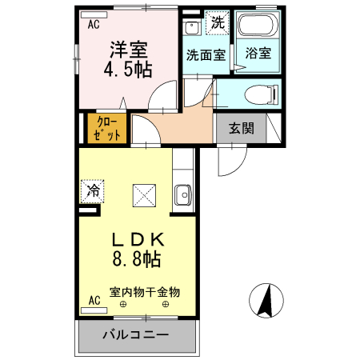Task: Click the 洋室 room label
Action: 127,48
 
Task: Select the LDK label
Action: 137,239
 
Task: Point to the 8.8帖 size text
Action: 137,259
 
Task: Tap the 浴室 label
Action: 258,55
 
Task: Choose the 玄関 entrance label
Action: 241,128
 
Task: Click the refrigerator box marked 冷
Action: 93,191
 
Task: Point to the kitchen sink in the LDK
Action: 183,194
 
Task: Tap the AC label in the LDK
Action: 94,301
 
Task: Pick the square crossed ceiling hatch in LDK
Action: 146,194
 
